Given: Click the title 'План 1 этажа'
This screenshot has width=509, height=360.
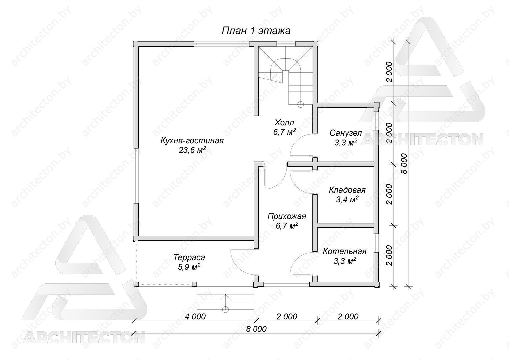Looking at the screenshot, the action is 256,31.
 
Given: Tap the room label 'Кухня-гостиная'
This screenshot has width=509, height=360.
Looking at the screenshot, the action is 192,141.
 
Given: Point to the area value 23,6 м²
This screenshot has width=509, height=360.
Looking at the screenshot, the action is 192,150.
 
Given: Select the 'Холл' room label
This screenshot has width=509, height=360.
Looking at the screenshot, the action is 284,123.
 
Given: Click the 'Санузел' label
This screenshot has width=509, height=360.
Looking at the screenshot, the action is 346,133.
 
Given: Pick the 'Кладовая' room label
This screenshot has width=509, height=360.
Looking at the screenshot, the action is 347,190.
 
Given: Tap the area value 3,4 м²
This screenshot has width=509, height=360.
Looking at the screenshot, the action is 347,199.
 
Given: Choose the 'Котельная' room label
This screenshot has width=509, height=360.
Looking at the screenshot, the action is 345,252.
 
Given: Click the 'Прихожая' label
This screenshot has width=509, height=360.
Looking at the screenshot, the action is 287,216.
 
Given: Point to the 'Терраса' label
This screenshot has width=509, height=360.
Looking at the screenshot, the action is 189,257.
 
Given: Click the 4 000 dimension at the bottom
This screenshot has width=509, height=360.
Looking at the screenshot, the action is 195,317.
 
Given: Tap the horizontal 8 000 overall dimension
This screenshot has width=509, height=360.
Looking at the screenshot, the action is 256,329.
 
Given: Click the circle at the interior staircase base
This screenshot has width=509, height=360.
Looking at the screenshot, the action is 300,104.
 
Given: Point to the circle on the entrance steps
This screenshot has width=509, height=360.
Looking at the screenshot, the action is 225,309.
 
